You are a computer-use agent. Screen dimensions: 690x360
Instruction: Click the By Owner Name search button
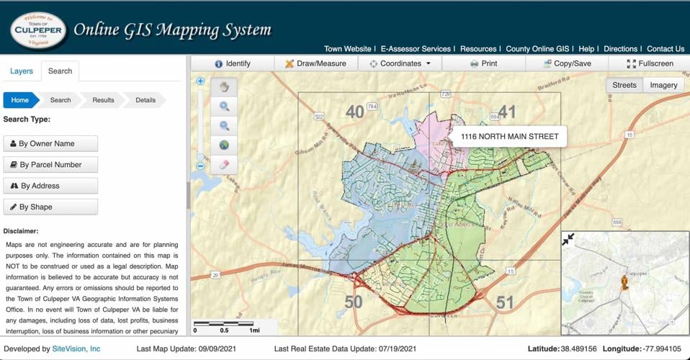pos(50,143)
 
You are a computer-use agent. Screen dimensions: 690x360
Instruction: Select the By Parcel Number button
pos(50,165)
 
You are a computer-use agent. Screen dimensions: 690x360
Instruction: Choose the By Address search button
pos(50,186)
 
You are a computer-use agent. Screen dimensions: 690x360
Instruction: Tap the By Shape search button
pos(50,207)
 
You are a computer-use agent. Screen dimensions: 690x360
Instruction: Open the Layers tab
pos(22,71)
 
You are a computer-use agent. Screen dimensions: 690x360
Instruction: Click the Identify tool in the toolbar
pos(232,63)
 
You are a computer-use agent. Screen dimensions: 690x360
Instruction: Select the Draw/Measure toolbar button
pos(315,63)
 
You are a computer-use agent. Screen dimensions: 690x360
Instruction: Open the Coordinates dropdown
pos(400,63)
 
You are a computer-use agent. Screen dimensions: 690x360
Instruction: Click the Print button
pos(483,63)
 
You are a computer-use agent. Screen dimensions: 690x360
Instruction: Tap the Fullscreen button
pos(650,63)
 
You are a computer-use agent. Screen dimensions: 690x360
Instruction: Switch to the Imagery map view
pos(663,85)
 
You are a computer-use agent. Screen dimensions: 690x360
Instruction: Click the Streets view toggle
pos(624,85)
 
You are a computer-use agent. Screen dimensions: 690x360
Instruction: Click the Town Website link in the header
pos(347,49)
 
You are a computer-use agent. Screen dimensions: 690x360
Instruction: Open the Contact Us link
pos(666,49)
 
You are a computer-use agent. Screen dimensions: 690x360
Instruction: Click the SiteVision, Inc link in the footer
pos(76,348)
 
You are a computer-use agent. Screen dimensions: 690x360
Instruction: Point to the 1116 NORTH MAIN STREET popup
pos(509,136)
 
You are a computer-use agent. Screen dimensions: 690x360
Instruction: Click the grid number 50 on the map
pos(353,302)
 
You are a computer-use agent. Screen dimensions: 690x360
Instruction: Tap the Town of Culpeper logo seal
pos(38,30)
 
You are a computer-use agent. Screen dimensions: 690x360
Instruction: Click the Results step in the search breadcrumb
pos(103,100)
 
